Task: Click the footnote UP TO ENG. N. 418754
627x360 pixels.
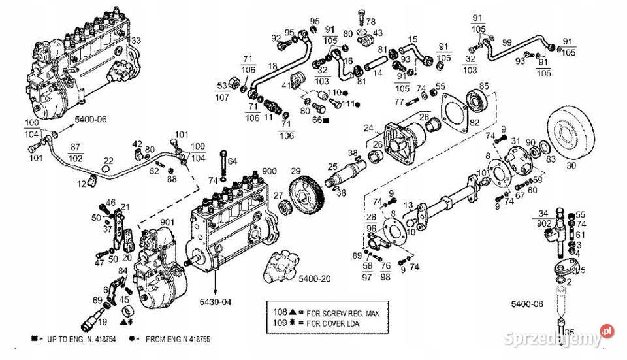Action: point(75,340)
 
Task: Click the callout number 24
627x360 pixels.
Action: point(368,127)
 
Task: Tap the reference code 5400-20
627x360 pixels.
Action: point(315,279)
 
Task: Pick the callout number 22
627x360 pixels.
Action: point(108,160)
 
